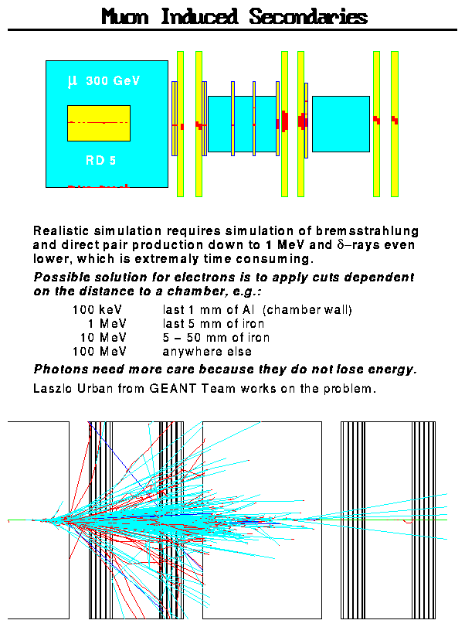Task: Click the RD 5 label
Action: pos(100,162)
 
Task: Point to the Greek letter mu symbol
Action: pos(73,80)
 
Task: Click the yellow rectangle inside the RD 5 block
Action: pos(99,123)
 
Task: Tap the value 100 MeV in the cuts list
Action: pos(94,350)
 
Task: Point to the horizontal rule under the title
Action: pos(232,30)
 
